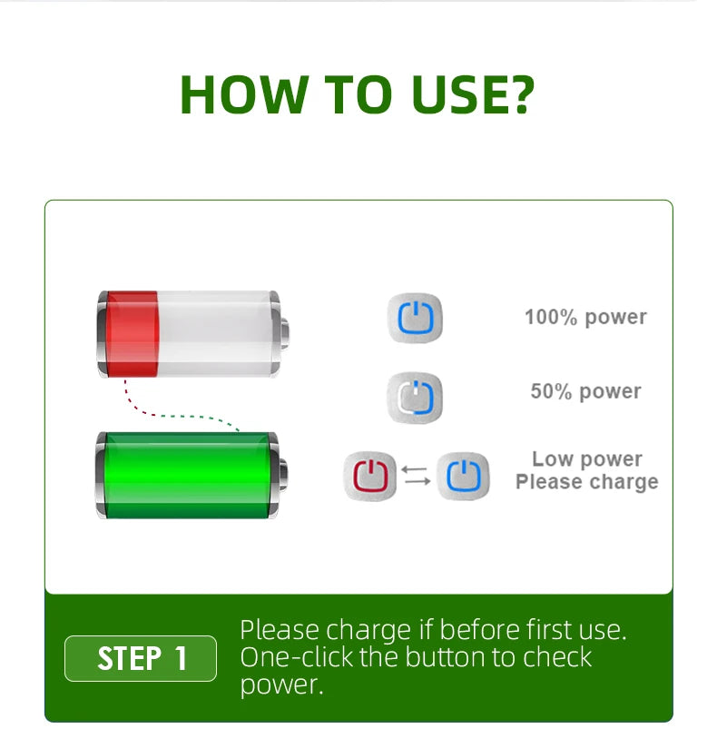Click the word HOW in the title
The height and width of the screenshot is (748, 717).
pyautogui.click(x=244, y=94)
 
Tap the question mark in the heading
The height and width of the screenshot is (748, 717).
pyautogui.click(x=518, y=94)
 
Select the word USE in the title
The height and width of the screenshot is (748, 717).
pyautogui.click(x=453, y=94)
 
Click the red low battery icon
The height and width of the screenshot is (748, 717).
pyautogui.click(x=193, y=334)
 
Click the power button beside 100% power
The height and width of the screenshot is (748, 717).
pyautogui.click(x=415, y=318)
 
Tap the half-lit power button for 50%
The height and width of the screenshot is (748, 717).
pyautogui.click(x=415, y=398)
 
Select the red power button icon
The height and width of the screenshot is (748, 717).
pyautogui.click(x=369, y=476)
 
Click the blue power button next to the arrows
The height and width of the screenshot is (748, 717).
pyautogui.click(x=463, y=476)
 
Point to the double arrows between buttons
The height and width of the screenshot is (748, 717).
pyautogui.click(x=417, y=476)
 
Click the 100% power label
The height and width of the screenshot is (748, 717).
pyautogui.click(x=585, y=317)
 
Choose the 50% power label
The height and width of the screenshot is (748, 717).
pyautogui.click(x=585, y=391)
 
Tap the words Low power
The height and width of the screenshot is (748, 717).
pyautogui.click(x=587, y=459)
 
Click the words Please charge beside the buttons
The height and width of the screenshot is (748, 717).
pyautogui.click(x=587, y=482)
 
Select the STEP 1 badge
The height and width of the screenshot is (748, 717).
pyautogui.click(x=141, y=658)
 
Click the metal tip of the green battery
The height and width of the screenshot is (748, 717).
pyautogui.click(x=283, y=475)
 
